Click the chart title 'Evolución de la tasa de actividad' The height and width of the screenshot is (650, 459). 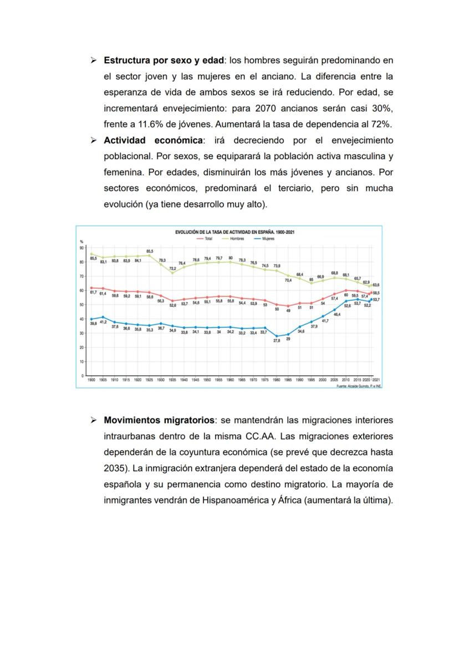click(234, 232)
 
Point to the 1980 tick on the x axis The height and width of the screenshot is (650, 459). click(277, 380)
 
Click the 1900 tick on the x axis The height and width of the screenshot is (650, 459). click(91, 380)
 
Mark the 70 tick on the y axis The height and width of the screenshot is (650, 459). click(81, 276)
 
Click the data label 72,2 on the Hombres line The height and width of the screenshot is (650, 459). click(172, 268)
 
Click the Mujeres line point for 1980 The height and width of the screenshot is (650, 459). click(277, 335)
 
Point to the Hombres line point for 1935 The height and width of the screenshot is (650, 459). click(172, 273)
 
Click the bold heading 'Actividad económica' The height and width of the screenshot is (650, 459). click(153, 140)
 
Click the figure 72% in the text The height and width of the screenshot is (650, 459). click(381, 124)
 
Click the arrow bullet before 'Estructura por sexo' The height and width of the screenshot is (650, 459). click(94, 59)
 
